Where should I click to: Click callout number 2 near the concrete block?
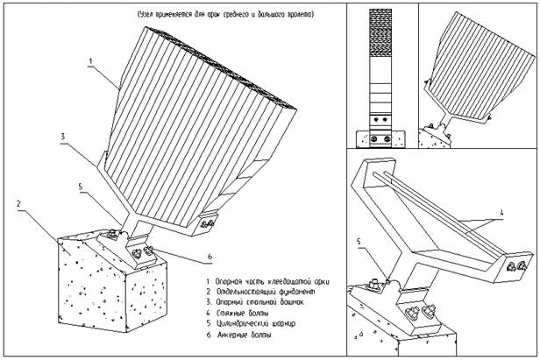click(x=18, y=203)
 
